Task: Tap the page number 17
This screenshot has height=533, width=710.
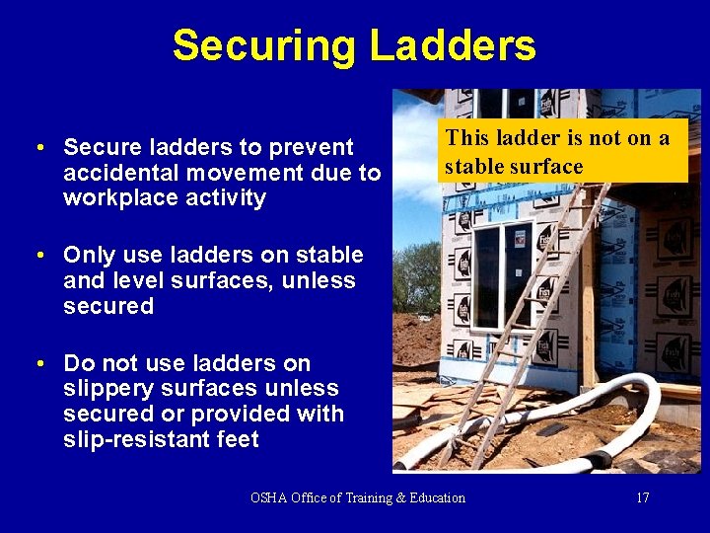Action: [x=642, y=497]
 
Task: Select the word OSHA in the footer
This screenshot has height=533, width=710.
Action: [x=269, y=497]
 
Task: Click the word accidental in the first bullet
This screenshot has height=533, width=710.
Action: [x=114, y=173]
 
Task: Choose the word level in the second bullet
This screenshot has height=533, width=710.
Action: [x=134, y=281]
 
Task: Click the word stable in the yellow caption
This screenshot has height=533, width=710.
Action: [x=473, y=167]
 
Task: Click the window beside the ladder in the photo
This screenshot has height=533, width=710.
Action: [x=502, y=276]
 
